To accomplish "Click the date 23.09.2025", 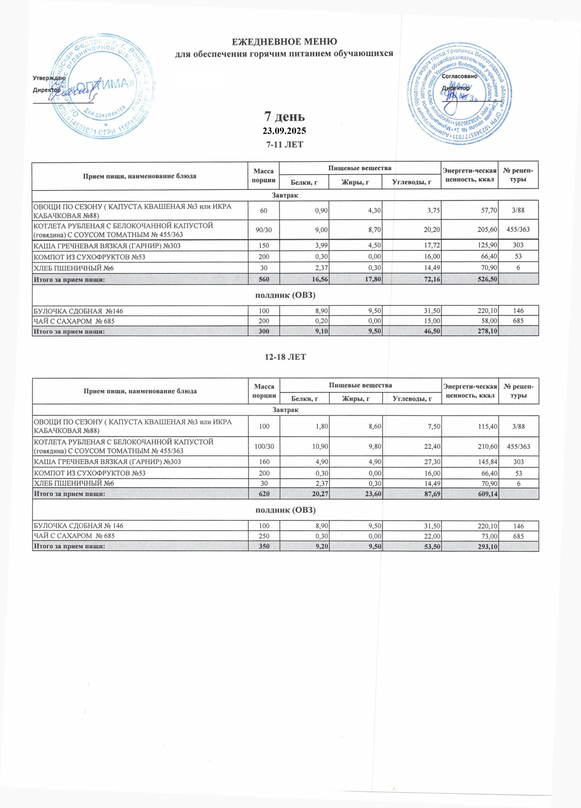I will click(x=284, y=131).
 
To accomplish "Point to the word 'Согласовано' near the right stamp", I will click(x=459, y=76).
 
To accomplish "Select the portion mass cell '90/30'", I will click(x=264, y=230).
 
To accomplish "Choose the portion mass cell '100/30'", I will click(x=264, y=446).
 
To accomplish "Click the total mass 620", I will click(x=264, y=494).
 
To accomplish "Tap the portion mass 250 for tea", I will click(x=264, y=536).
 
